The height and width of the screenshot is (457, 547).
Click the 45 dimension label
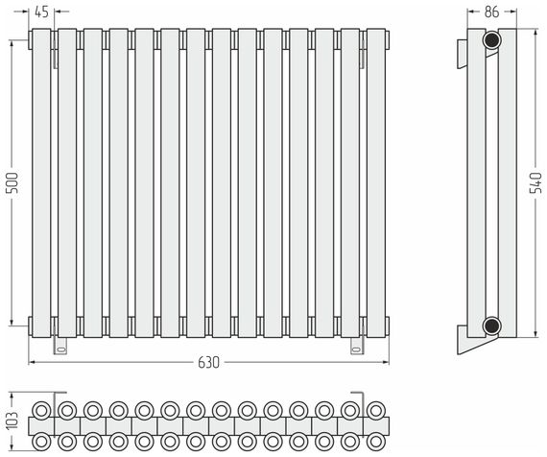point(41,12)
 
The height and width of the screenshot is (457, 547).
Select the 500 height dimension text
point(12,182)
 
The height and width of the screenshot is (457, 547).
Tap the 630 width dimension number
point(208,363)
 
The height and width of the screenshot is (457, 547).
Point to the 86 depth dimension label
point(492,12)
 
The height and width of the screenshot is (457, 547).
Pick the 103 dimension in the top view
point(12,420)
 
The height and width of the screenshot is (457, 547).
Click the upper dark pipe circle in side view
point(492,40)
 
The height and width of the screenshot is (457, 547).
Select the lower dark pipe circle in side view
point(492,325)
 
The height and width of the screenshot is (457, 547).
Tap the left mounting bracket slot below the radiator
point(60,349)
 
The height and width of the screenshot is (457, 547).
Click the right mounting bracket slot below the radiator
point(357,349)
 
